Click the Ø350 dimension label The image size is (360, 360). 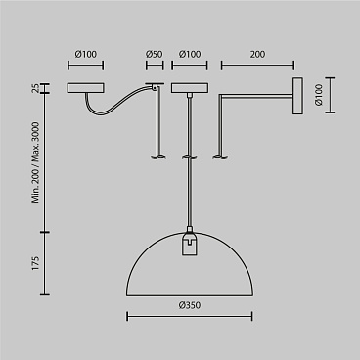click(x=190, y=305)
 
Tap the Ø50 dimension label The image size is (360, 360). click(x=154, y=54)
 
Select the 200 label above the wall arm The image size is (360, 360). click(x=257, y=54)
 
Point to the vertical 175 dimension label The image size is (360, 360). click(x=35, y=263)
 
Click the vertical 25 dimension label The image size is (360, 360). click(x=35, y=88)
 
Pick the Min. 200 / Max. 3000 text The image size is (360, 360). click(x=35, y=162)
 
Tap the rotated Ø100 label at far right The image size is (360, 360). click(x=319, y=95)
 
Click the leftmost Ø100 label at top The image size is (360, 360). click(x=86, y=54)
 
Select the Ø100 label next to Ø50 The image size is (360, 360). click(x=190, y=54)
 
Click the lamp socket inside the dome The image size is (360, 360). click(x=190, y=243)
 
